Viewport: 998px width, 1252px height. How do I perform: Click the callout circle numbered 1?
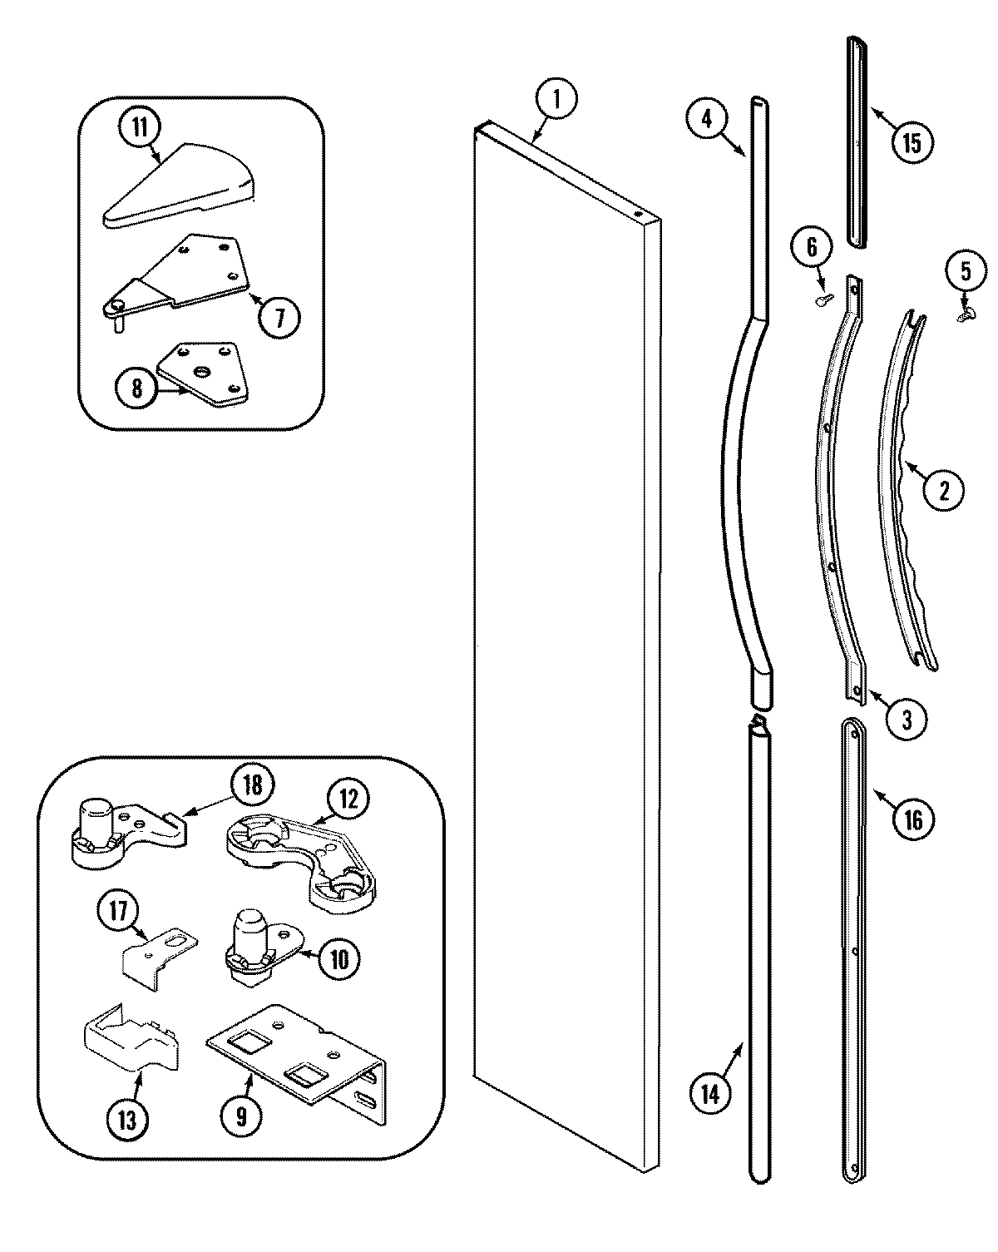coord(556,101)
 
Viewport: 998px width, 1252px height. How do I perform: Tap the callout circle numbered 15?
coord(912,143)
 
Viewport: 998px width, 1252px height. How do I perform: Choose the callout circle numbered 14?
coord(709,1094)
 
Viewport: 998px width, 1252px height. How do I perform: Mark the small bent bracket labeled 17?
coord(158,957)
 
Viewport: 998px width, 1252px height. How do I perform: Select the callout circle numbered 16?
coord(912,819)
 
